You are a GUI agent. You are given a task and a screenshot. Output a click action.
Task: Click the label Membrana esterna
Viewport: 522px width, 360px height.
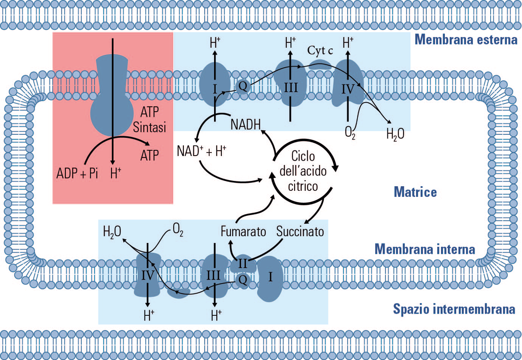tap(466, 40)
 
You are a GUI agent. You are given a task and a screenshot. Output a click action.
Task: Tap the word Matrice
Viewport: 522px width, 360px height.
tap(415, 192)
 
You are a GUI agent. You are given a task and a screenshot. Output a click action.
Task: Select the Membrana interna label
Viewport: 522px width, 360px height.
tap(424, 249)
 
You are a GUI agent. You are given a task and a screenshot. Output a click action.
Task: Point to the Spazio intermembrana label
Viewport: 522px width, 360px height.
tap(454, 309)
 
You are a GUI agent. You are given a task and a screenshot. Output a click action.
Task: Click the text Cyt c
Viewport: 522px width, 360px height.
tap(320, 50)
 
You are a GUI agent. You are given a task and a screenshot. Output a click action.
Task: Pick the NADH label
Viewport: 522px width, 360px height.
tap(245, 124)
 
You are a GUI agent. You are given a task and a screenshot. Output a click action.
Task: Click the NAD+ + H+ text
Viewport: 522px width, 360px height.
tap(201, 151)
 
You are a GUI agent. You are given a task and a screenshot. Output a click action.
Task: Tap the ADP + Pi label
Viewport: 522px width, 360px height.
tap(77, 173)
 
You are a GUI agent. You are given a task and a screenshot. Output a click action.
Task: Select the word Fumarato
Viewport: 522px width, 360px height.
tap(243, 231)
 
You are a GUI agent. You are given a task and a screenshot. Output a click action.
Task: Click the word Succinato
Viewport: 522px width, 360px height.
tap(300, 231)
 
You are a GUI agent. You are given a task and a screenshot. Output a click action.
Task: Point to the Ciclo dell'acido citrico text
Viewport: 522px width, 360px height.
tap(303, 171)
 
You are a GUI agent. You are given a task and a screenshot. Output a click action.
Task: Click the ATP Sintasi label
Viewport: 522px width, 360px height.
tap(149, 120)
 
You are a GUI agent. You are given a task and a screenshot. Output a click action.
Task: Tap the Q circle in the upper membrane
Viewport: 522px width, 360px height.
tap(242, 86)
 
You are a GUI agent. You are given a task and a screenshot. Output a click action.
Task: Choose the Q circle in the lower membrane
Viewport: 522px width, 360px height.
tap(242, 280)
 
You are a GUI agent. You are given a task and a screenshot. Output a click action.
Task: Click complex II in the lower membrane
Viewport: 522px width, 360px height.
tap(242, 263)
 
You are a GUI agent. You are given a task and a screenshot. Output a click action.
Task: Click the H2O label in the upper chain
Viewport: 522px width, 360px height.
tap(395, 134)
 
